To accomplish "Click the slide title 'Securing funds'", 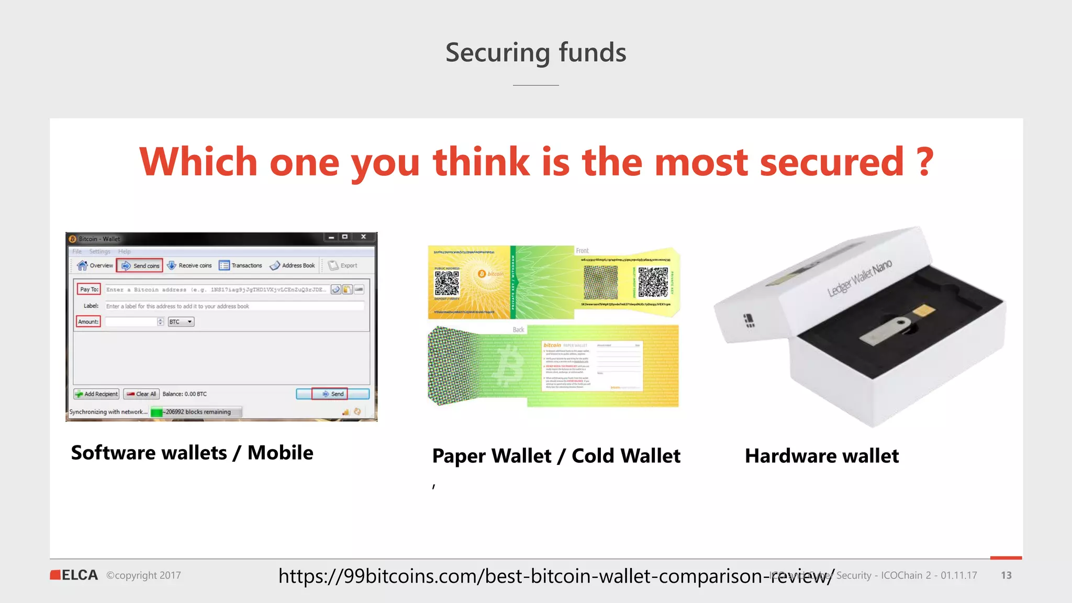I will coord(535,53).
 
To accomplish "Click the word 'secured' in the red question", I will coord(831,162).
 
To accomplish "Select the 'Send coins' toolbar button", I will coord(140,265).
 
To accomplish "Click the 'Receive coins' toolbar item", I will coord(189,265).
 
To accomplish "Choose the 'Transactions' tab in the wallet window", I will coord(241,265).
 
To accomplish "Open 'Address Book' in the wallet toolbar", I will coord(293,265).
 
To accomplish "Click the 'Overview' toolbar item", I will coord(95,265).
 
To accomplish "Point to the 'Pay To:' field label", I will coord(89,289).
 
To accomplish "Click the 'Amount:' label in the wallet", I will coord(88,321).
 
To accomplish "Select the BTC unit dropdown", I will coord(181,322).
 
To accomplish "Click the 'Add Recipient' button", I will coord(97,394).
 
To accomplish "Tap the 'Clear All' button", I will coord(141,394).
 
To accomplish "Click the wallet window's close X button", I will coord(363,237).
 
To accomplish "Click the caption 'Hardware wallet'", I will coord(822,456).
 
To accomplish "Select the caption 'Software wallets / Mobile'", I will coord(192,453).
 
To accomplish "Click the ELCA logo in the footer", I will coord(74,575).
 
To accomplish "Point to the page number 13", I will coord(1006,575).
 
